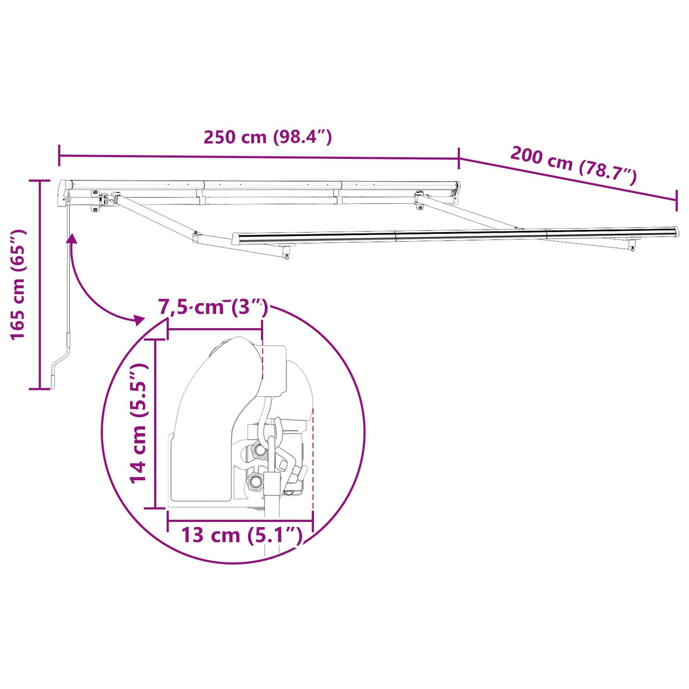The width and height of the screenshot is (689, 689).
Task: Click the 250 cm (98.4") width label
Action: (x=267, y=137)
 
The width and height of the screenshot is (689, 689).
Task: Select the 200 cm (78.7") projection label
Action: (x=573, y=165)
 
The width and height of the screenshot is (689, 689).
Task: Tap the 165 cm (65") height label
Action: (x=19, y=284)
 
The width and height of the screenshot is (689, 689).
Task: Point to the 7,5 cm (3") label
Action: (x=213, y=307)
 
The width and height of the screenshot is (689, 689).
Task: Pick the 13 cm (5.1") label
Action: (x=240, y=535)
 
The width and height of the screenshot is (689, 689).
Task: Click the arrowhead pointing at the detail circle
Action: (x=138, y=320)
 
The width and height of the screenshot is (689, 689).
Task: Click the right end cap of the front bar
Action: (x=674, y=232)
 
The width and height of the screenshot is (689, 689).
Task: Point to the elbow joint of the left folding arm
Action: (x=196, y=237)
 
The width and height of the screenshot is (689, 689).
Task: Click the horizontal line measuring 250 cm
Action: (x=258, y=157)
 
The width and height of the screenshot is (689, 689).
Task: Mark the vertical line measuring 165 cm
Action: (x=39, y=284)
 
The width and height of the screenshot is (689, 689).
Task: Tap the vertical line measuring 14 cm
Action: (x=156, y=423)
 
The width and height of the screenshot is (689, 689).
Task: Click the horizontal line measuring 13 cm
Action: (x=240, y=520)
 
